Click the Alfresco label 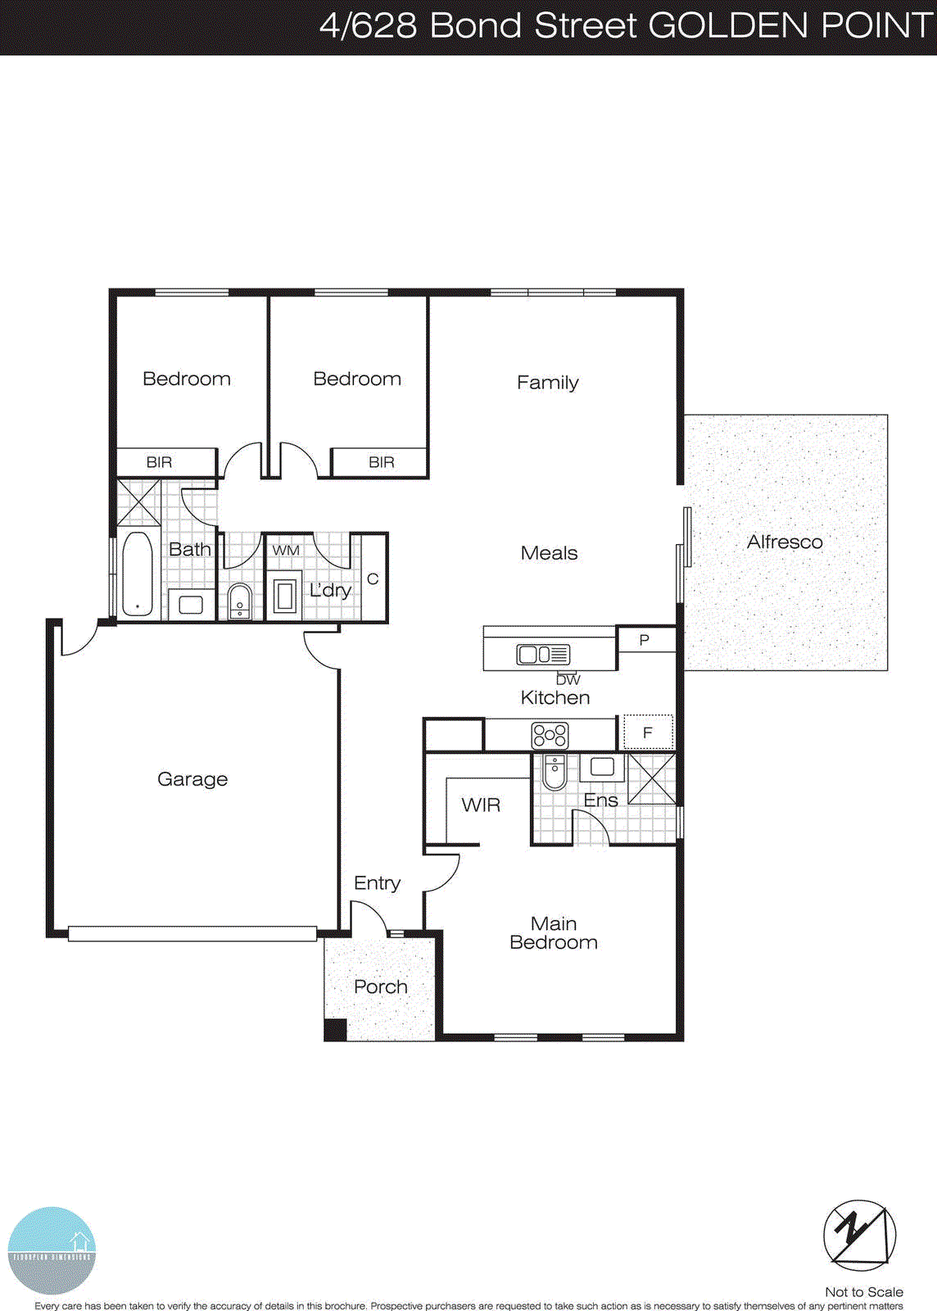(x=784, y=542)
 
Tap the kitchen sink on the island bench (x=543, y=654)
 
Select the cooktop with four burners (x=550, y=734)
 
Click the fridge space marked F (x=648, y=733)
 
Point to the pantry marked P (x=645, y=640)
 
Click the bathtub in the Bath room (x=137, y=574)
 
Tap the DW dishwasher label (x=568, y=679)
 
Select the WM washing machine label (x=286, y=550)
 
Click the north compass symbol (x=859, y=1235)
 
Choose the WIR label (x=481, y=805)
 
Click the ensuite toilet (x=555, y=772)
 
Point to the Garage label (x=192, y=779)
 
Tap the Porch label (x=381, y=987)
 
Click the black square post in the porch (x=335, y=1029)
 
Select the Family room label (x=547, y=383)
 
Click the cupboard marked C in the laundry (x=373, y=579)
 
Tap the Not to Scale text (x=863, y=1292)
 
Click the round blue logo (x=52, y=1250)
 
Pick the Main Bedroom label (x=554, y=933)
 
